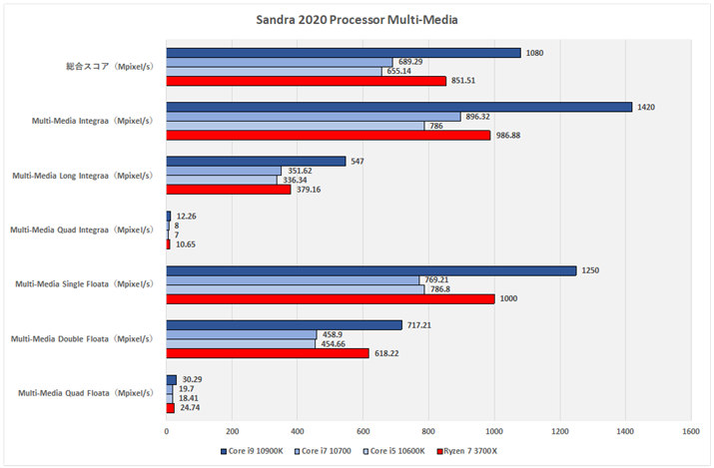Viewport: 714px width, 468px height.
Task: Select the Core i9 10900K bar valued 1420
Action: coord(398,107)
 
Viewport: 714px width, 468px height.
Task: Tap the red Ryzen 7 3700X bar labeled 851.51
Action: coord(306,81)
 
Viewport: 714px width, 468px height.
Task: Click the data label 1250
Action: coord(591,270)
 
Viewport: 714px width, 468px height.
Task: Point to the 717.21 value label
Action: coord(418,324)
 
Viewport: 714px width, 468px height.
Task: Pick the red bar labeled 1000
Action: coord(330,297)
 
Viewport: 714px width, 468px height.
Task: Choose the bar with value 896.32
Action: coord(313,117)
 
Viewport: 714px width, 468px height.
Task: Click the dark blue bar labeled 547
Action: coord(256,161)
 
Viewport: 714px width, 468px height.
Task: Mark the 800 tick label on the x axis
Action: coord(428,431)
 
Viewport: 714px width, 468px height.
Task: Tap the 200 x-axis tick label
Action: coord(232,431)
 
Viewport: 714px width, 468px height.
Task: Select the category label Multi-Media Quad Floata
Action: coord(85,393)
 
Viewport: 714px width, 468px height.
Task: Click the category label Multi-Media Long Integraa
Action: coord(82,176)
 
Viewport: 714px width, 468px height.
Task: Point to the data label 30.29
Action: coord(193,379)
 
